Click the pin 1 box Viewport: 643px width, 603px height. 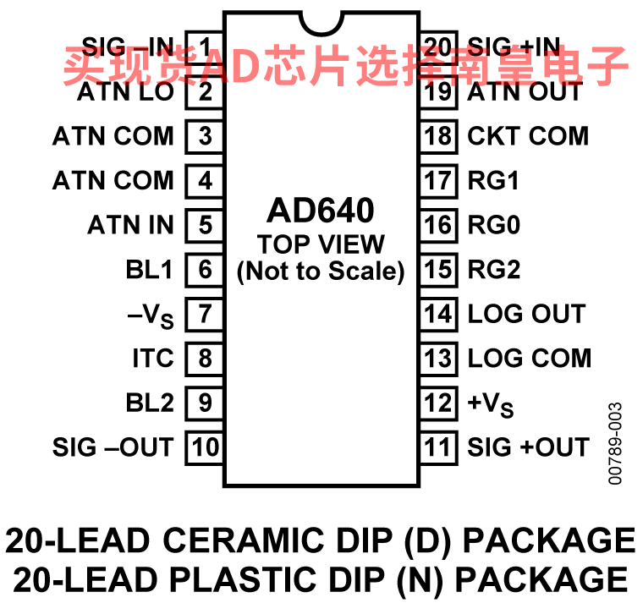pyautogui.click(x=204, y=47)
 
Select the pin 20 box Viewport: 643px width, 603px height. pyautogui.click(x=439, y=47)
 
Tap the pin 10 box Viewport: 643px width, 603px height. pyautogui.click(x=204, y=447)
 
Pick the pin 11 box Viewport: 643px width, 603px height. pyautogui.click(x=439, y=447)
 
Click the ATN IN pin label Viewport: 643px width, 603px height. pyautogui.click(x=130, y=225)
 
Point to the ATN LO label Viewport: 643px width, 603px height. pyautogui.click(x=125, y=91)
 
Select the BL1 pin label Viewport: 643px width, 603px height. pyautogui.click(x=149, y=269)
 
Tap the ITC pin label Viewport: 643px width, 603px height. pyautogui.click(x=153, y=359)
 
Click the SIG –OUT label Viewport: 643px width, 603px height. pyautogui.click(x=113, y=447)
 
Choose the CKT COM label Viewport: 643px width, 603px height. pyautogui.click(x=528, y=136)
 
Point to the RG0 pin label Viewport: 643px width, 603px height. pyautogui.click(x=494, y=225)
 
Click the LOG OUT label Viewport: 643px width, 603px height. pyautogui.click(x=526, y=314)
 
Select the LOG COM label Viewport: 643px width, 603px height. pyautogui.click(x=530, y=359)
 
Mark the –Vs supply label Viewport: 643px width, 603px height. pyautogui.click(x=151, y=316)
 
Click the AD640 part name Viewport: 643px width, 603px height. pyautogui.click(x=321, y=211)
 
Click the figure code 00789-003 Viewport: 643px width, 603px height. pyautogui.click(x=615, y=443)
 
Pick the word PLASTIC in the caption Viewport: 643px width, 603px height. pyautogui.click(x=243, y=579)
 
